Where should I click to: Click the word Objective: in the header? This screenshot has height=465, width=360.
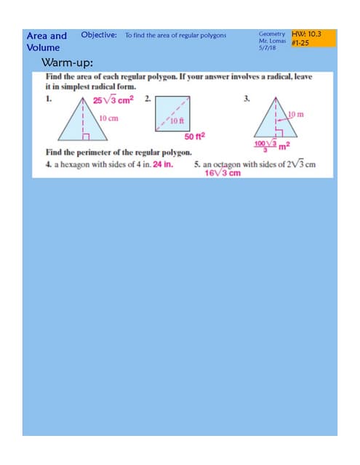(100, 35)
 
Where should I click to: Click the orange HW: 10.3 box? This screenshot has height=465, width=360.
(313, 39)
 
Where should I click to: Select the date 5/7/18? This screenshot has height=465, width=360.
(266, 49)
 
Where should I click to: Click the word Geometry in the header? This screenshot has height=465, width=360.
(272, 34)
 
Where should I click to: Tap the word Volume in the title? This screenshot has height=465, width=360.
(44, 48)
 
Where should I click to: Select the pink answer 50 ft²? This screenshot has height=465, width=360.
(194, 137)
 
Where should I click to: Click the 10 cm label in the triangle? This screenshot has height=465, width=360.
(109, 118)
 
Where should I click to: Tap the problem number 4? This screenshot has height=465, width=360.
(48, 164)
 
